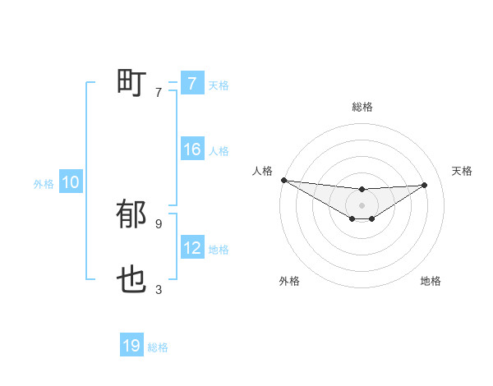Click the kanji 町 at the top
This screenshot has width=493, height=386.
click(132, 83)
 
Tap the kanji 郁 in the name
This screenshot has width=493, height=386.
click(132, 215)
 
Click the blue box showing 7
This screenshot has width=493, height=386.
click(191, 83)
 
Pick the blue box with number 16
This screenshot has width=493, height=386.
click(191, 149)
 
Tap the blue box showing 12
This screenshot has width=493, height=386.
click(191, 248)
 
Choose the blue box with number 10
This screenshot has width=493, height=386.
click(71, 182)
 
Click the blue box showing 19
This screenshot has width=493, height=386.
click(131, 346)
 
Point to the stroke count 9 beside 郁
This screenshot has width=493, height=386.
click(159, 223)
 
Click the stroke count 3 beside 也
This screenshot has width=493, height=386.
click(159, 289)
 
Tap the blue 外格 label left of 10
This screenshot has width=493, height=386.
click(44, 184)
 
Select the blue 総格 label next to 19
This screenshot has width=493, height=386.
click(158, 347)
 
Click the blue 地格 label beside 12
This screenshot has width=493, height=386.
click(219, 250)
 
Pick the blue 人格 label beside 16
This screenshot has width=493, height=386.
click(219, 151)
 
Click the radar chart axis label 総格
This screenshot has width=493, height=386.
click(362, 107)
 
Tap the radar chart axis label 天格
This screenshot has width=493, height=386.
click(462, 171)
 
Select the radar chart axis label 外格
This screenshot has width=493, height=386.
click(289, 281)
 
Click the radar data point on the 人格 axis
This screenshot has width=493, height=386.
click(283, 180)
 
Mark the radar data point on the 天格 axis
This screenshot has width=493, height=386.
click(424, 185)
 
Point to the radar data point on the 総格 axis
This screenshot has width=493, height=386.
click(362, 190)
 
